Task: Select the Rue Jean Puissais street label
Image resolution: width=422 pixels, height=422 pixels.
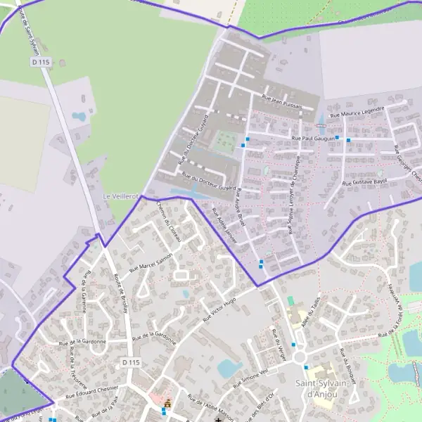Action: (x=282, y=102)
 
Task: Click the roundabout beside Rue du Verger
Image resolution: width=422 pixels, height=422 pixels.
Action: (x=300, y=357)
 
